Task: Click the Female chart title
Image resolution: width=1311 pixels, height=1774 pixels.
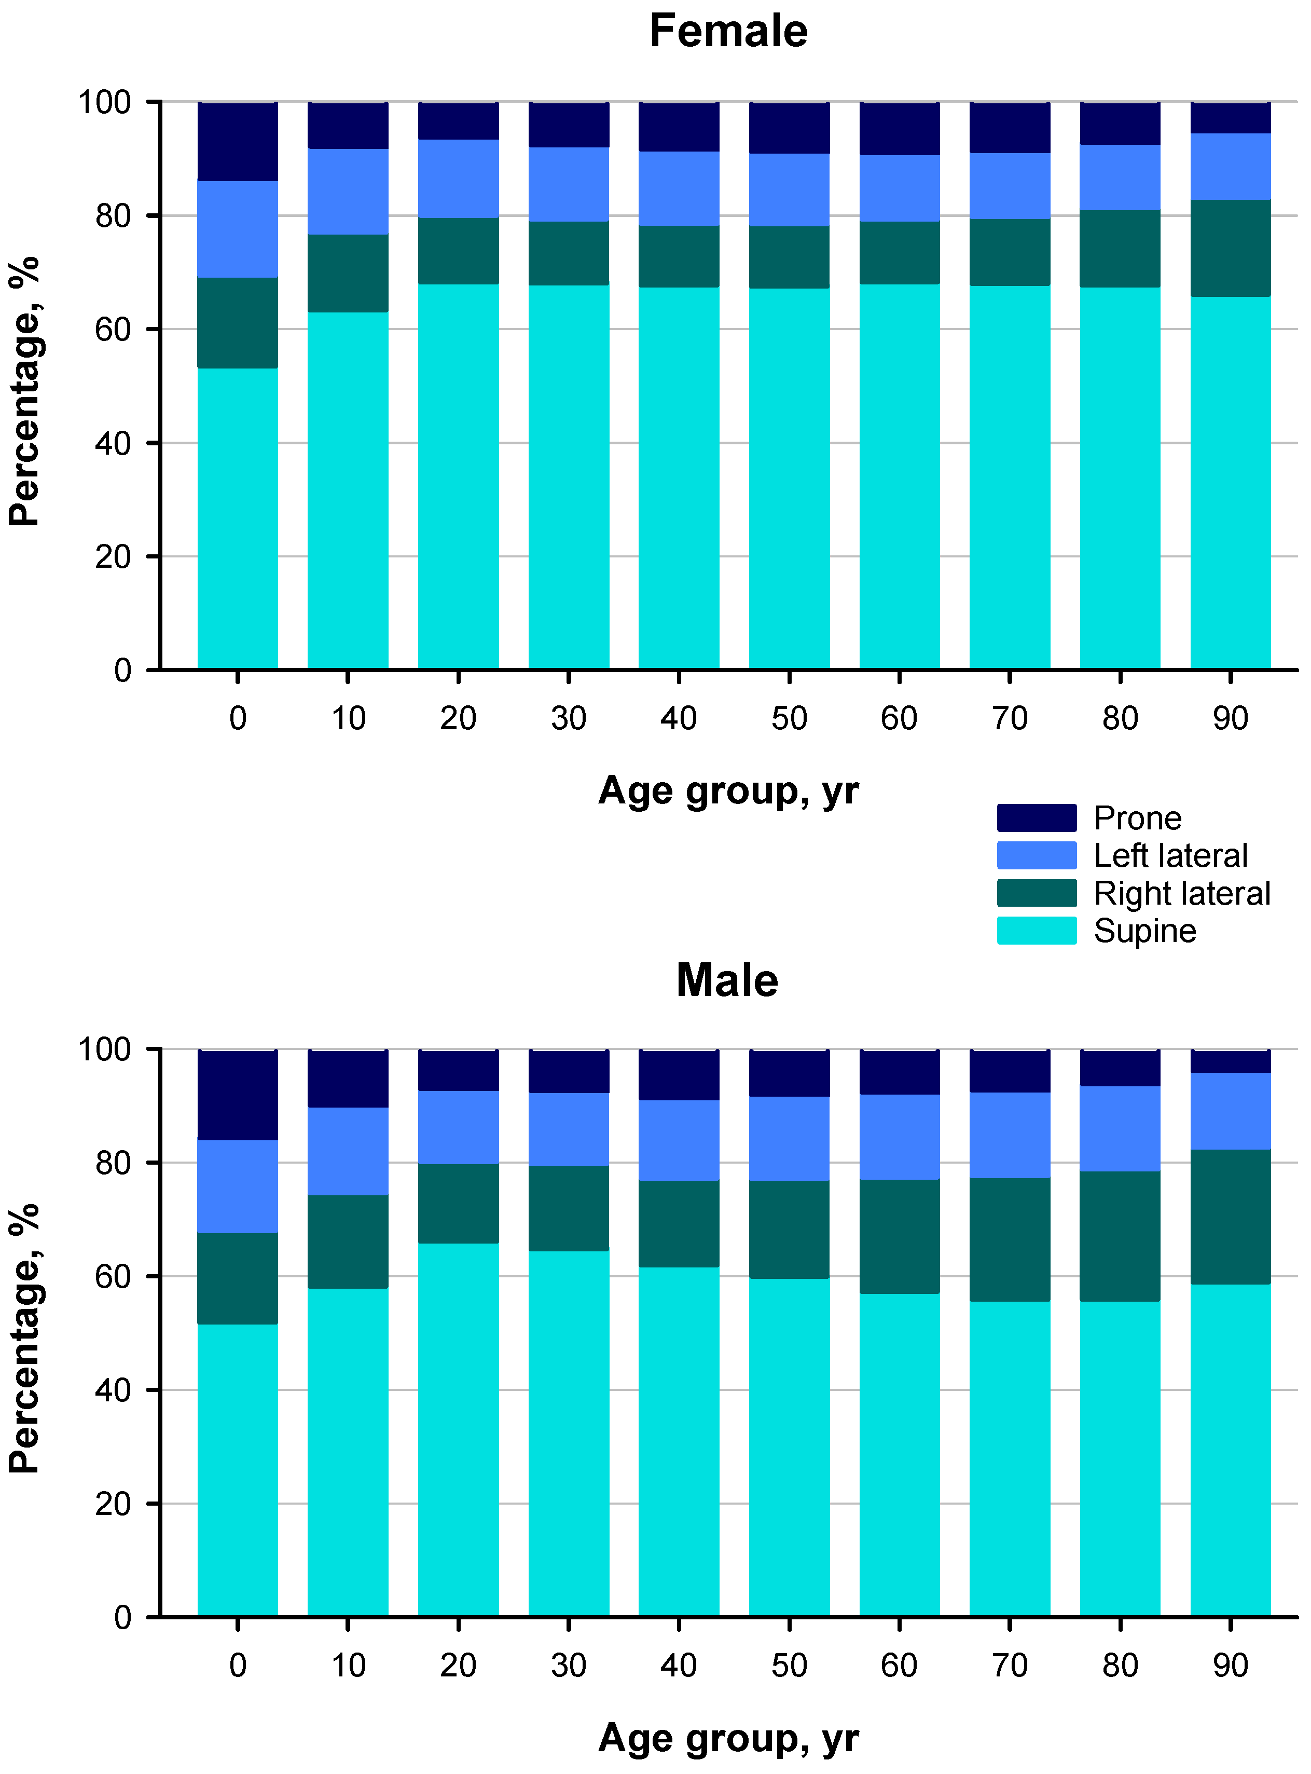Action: tap(728, 32)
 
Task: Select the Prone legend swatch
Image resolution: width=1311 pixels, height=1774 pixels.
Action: tap(1037, 817)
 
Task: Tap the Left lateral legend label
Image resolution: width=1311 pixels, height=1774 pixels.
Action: tap(1170, 856)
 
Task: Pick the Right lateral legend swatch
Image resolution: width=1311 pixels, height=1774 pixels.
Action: tap(1037, 893)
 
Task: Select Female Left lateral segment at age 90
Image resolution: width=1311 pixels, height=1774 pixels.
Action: tap(1230, 166)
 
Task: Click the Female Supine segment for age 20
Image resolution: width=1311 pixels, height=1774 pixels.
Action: tap(458, 476)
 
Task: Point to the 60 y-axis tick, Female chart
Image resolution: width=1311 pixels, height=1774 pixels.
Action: tap(113, 330)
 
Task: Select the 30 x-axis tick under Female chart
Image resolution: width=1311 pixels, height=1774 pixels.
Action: tap(568, 718)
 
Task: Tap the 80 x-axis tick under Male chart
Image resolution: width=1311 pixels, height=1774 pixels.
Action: tap(1120, 1665)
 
